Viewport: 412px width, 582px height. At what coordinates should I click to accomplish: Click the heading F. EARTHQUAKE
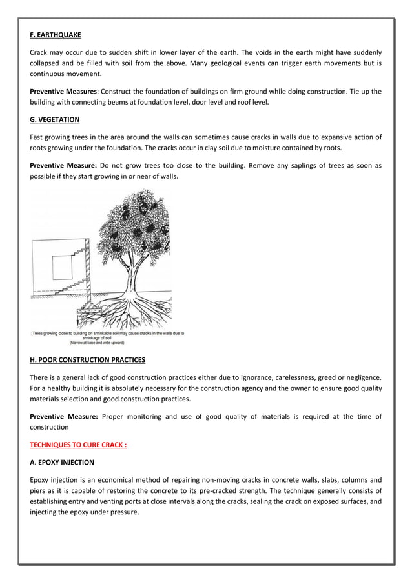56,34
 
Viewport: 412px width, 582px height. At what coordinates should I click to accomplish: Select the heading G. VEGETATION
54,119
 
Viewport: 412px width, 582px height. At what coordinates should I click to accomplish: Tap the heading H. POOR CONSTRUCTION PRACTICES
88,359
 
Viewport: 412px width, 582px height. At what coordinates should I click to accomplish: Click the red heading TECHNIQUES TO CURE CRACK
78,445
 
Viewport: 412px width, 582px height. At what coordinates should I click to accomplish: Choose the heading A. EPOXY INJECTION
62,462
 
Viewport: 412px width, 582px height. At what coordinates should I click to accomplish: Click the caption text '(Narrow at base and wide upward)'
97,343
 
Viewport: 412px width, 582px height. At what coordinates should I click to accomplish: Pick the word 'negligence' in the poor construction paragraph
360,377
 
